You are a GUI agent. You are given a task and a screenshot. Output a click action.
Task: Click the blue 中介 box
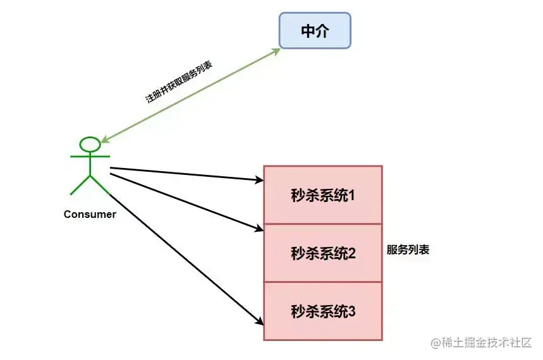pyautogui.click(x=315, y=31)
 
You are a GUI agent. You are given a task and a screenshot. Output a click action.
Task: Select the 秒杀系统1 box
pyautogui.click(x=322, y=195)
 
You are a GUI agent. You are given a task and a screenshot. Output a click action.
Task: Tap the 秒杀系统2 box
pyautogui.click(x=322, y=253)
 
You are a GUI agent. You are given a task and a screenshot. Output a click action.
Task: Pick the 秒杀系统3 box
pyautogui.click(x=322, y=311)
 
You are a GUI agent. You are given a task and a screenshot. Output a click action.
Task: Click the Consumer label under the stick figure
pyautogui.click(x=90, y=214)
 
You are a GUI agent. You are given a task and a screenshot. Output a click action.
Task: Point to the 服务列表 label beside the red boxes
pyautogui.click(x=408, y=249)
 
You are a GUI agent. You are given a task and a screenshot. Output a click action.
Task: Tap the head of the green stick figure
pyautogui.click(x=90, y=144)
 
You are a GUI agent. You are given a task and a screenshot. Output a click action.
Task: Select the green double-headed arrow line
pyautogui.click(x=190, y=95)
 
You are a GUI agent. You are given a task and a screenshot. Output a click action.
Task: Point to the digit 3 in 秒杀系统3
pyautogui.click(x=352, y=311)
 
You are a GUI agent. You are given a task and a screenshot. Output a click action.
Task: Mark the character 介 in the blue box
pyautogui.click(x=322, y=31)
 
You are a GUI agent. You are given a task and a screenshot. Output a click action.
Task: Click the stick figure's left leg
pyautogui.click(x=80, y=185)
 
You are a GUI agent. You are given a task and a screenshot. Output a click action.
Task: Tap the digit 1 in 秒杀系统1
pyautogui.click(x=351, y=195)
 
